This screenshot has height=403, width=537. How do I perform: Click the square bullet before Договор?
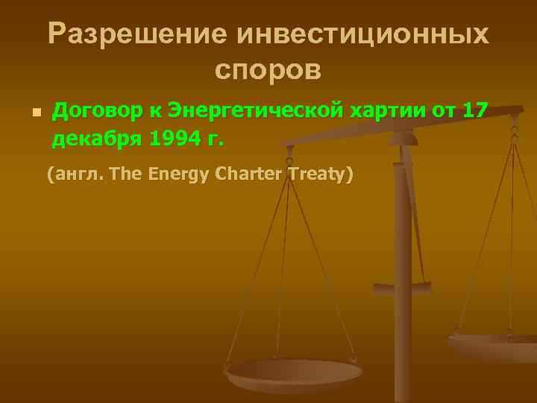(34, 114)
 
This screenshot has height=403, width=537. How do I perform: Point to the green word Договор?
(89, 111)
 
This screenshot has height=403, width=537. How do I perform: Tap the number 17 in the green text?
(476, 111)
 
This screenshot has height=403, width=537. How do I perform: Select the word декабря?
(93, 138)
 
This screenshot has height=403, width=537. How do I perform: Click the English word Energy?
(178, 175)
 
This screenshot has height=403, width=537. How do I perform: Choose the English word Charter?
(249, 175)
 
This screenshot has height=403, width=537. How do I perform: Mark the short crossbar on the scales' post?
(401, 286)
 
